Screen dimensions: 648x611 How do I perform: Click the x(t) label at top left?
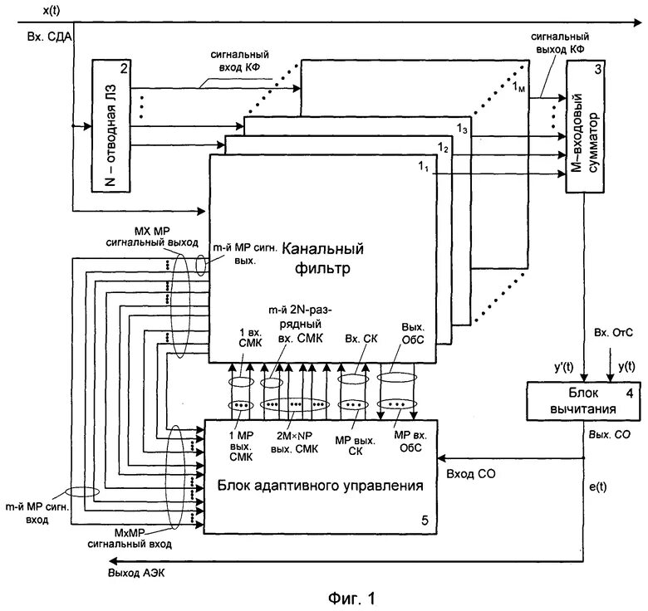click(52, 10)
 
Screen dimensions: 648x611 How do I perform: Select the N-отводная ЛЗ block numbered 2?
click(111, 126)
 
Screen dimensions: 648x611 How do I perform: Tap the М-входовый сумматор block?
click(585, 126)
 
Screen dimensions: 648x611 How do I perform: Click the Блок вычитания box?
click(583, 401)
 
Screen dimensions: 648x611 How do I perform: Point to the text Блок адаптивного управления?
click(321, 486)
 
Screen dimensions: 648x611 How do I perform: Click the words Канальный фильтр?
click(322, 258)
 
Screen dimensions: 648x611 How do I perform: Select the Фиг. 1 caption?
click(351, 599)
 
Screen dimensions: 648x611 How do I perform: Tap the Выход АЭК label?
click(136, 573)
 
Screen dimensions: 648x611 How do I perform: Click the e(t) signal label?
click(597, 487)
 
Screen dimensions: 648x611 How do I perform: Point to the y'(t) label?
click(564, 367)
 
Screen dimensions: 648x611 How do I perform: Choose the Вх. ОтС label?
click(613, 333)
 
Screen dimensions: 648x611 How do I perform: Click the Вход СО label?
click(471, 474)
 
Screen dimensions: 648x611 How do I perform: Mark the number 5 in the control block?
click(425, 521)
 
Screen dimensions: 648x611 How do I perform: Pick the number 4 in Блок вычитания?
click(630, 393)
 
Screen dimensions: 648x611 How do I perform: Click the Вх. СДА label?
click(49, 37)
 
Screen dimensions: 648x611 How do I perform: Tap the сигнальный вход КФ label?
click(240, 61)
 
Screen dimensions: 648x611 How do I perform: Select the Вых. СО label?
click(610, 434)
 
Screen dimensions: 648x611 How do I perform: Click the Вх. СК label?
click(361, 339)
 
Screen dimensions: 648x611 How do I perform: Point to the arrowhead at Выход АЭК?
click(112, 561)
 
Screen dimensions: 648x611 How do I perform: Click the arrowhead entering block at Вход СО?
click(441, 458)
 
